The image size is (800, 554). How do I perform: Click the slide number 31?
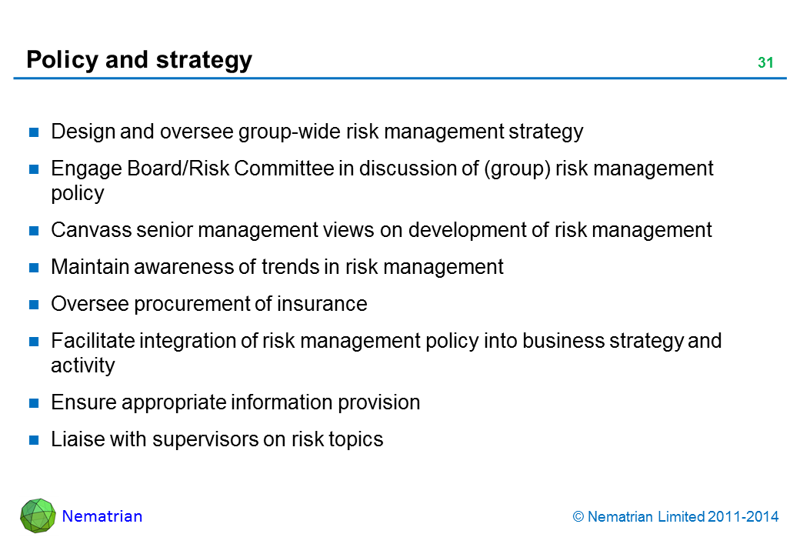click(765, 63)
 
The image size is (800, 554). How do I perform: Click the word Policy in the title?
click(62, 60)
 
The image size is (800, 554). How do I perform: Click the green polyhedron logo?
click(38, 516)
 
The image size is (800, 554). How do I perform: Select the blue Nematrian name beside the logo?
click(102, 516)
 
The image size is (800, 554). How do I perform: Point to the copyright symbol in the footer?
click(578, 517)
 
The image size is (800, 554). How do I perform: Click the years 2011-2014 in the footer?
click(743, 517)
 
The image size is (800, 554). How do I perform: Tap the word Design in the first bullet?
click(83, 132)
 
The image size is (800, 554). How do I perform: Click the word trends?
click(285, 267)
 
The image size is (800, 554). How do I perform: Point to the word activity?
click(83, 365)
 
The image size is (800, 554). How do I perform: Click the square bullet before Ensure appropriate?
click(34, 403)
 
